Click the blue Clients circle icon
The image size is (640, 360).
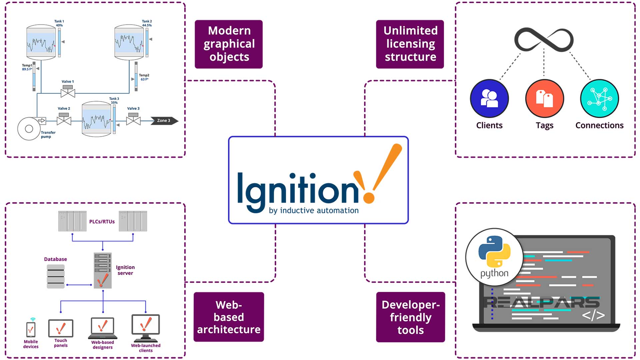click(489, 98)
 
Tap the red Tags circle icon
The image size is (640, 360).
click(544, 98)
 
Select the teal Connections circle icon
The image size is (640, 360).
click(599, 98)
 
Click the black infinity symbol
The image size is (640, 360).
click(544, 40)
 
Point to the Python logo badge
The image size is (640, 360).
click(494, 257)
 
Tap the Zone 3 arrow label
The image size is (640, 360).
click(164, 121)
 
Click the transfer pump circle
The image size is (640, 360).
click(29, 129)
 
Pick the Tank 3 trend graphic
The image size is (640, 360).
click(96, 119)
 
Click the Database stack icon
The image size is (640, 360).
click(56, 276)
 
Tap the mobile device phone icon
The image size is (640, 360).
click(31, 330)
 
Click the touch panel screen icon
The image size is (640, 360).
click(61, 328)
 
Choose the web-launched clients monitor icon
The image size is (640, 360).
click(146, 325)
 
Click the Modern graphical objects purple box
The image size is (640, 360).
click(229, 44)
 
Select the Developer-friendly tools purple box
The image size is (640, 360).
click(410, 317)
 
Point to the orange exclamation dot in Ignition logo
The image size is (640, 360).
click(369, 197)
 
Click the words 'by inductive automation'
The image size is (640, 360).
click(314, 211)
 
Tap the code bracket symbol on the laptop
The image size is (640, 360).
click(593, 315)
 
